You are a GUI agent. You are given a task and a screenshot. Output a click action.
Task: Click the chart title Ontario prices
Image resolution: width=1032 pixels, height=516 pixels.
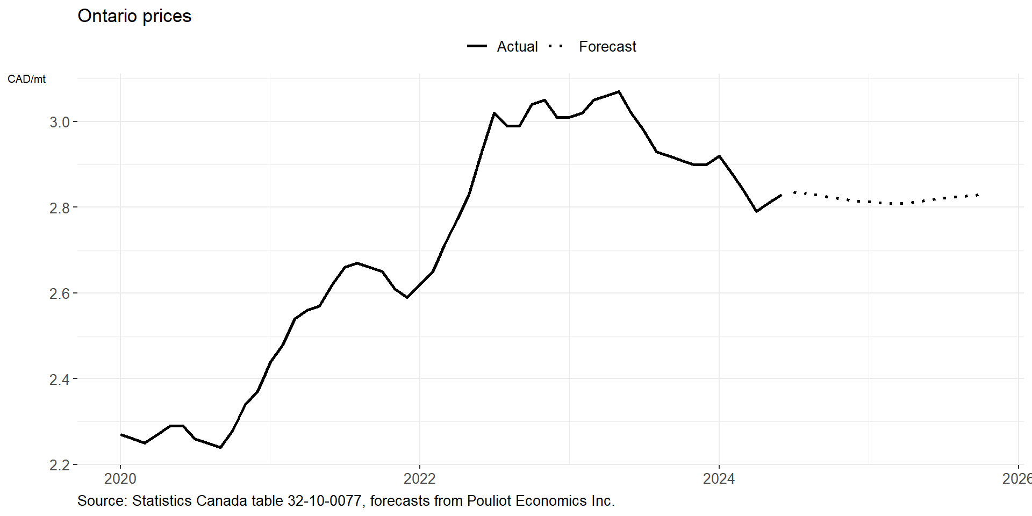click(134, 16)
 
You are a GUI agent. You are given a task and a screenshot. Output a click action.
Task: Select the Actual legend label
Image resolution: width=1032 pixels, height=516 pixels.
click(517, 47)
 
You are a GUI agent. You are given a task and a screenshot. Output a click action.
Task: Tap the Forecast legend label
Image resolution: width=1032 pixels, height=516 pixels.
click(607, 47)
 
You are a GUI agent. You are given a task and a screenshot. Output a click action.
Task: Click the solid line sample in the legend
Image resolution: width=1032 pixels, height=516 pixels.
click(477, 47)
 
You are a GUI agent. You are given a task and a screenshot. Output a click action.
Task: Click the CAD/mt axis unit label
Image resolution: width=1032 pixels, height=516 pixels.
click(26, 79)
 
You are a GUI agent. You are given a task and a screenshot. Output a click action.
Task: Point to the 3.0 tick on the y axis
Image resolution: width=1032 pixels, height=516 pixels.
click(60, 122)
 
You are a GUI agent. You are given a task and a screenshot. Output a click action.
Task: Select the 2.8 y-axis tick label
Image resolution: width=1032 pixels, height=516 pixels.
click(60, 208)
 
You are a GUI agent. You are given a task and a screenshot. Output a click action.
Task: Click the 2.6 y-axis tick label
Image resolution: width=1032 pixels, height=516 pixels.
click(60, 293)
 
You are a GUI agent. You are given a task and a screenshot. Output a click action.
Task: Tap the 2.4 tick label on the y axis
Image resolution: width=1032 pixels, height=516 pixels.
click(60, 379)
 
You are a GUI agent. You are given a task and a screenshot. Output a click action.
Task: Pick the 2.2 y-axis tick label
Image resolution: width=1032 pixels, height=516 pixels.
click(60, 465)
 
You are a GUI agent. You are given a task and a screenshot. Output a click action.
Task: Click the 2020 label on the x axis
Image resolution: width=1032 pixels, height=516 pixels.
click(120, 478)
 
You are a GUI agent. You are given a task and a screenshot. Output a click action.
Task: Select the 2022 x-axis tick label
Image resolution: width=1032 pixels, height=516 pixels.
click(420, 478)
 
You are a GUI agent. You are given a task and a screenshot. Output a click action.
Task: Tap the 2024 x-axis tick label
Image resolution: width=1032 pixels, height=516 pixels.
click(719, 478)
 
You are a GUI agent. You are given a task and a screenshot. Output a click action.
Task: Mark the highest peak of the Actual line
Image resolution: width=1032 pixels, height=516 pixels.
click(619, 92)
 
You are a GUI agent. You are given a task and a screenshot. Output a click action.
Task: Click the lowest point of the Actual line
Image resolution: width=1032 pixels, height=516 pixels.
click(220, 447)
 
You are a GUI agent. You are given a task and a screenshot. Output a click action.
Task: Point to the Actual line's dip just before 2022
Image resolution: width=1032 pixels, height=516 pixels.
click(407, 297)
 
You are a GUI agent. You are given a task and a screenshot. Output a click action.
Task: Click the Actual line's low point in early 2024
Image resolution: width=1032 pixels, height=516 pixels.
click(756, 211)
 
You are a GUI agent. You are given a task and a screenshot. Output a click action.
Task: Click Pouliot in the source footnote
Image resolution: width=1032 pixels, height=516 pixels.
click(489, 501)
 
